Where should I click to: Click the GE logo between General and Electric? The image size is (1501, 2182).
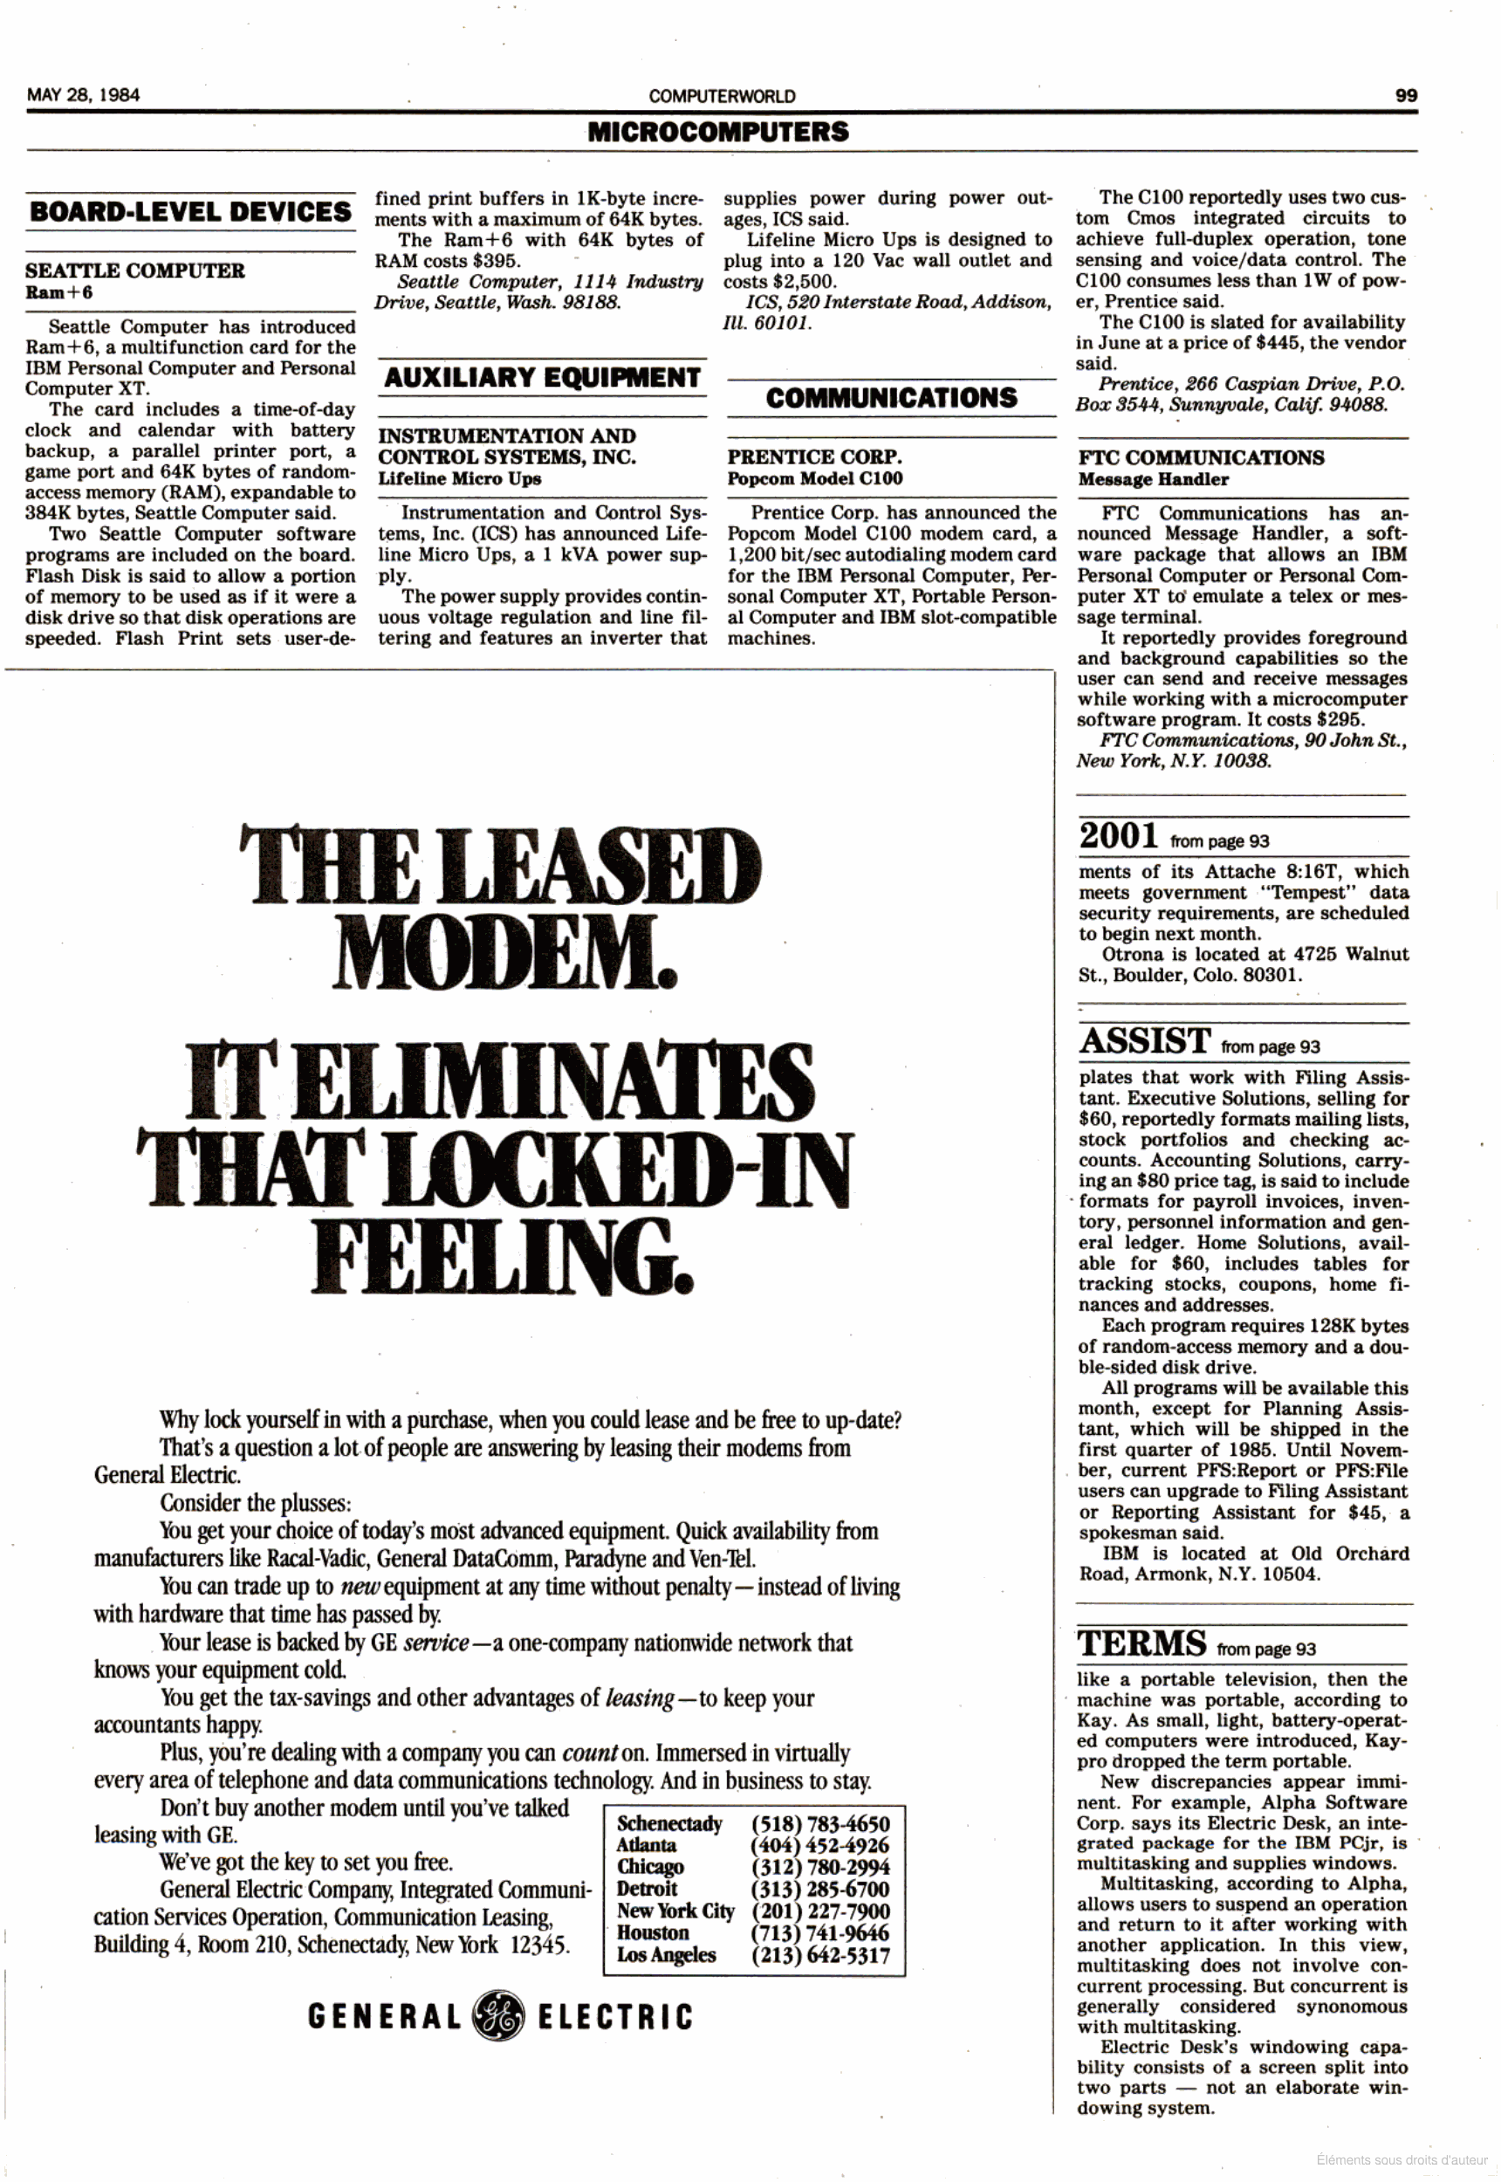pyautogui.click(x=498, y=2015)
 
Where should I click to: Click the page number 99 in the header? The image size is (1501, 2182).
pyautogui.click(x=1406, y=95)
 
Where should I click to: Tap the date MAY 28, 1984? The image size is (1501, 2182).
pyautogui.click(x=84, y=95)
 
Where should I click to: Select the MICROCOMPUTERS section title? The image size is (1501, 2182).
pyautogui.click(x=717, y=132)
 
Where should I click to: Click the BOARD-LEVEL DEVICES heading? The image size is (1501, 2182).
pyautogui.click(x=190, y=211)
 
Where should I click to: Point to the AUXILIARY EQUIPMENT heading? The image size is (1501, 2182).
pyautogui.click(x=542, y=378)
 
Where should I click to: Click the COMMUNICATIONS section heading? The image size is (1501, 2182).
pyautogui.click(x=891, y=398)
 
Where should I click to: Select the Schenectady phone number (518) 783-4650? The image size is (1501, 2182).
pyautogui.click(x=819, y=1823)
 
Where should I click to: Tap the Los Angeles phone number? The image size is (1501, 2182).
pyautogui.click(x=819, y=1954)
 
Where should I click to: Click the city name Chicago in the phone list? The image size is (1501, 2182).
pyautogui.click(x=650, y=1867)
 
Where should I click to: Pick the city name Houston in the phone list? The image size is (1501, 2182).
pyautogui.click(x=653, y=1932)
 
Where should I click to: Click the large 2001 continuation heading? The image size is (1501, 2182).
pyautogui.click(x=1118, y=835)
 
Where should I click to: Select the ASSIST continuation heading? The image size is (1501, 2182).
pyautogui.click(x=1145, y=1041)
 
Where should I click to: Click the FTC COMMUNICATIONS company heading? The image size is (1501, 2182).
pyautogui.click(x=1201, y=458)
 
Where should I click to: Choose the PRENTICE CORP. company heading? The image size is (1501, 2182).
pyautogui.click(x=814, y=457)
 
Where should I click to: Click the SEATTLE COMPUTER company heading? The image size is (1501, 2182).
pyautogui.click(x=134, y=271)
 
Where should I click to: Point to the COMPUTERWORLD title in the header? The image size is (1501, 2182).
pyautogui.click(x=722, y=96)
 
